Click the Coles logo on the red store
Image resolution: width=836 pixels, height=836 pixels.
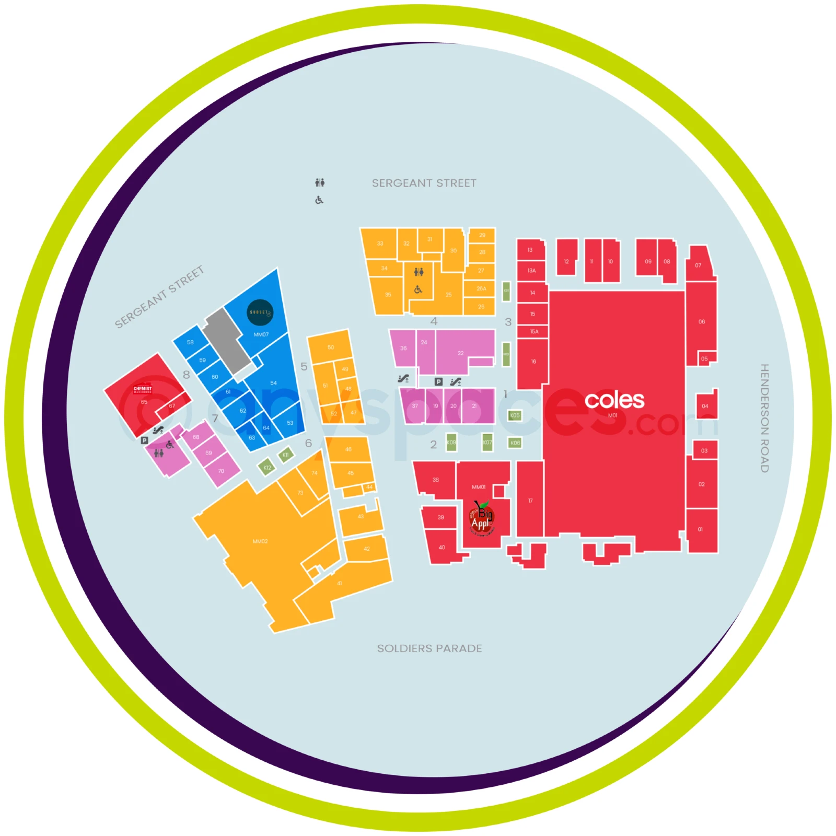pos(614,400)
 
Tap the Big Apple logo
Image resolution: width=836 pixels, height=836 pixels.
pos(482,518)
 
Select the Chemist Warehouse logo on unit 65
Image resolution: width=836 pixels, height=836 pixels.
pos(142,389)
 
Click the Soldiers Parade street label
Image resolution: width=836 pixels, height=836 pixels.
pos(429,648)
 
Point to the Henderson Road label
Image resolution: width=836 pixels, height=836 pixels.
pos(764,418)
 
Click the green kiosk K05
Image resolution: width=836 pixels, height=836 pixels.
pos(515,415)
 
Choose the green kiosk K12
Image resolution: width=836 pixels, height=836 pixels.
pos(267,467)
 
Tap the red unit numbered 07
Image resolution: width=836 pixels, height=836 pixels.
pos(699,264)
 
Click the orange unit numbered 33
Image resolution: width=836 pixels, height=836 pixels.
pos(380,243)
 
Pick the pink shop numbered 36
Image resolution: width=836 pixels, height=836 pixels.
pos(403,348)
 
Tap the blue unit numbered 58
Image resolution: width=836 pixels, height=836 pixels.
pos(190,342)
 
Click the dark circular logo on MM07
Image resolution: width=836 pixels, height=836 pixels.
pos(260,312)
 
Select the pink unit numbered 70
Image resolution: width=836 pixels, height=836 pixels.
pos(221,471)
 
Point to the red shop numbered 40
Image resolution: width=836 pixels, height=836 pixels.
pos(442,547)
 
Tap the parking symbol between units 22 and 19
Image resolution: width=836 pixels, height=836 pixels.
pos(438,382)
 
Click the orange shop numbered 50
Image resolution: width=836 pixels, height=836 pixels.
pos(330,347)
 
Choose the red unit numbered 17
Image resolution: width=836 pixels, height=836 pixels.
pos(530,500)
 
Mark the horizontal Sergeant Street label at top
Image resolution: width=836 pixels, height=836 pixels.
pos(424,183)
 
